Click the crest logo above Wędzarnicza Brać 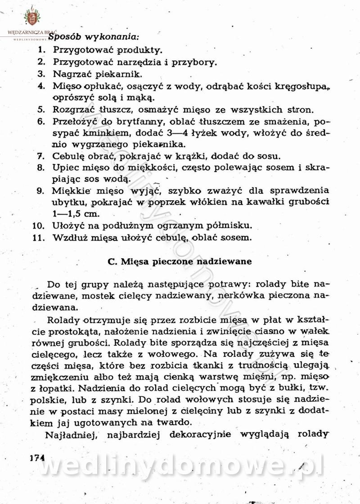[x=31, y=18]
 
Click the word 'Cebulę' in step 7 [x=68, y=157]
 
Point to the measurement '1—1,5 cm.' [x=76, y=214]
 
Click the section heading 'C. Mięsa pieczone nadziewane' [x=180, y=261]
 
